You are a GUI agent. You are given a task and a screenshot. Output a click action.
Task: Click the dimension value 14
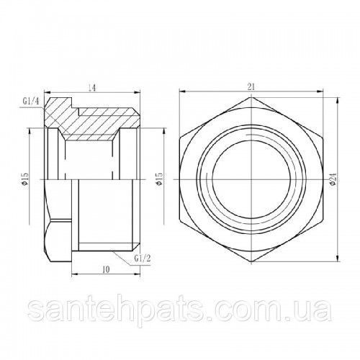pyautogui.click(x=92, y=88)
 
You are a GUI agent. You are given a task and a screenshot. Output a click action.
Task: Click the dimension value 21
pyautogui.click(x=251, y=87)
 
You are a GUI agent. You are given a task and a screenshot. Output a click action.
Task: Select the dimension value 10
pyautogui.click(x=106, y=269)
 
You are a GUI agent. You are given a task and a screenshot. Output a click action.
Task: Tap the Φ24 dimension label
pyautogui.click(x=334, y=179)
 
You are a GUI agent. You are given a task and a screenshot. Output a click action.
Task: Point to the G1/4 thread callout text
pyautogui.click(x=31, y=102)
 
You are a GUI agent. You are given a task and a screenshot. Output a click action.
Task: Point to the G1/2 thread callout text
pyautogui.click(x=143, y=258)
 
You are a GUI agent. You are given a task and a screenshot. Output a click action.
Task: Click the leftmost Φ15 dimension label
pyautogui.click(x=25, y=179)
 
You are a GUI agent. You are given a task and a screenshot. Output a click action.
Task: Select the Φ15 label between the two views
pyautogui.click(x=159, y=179)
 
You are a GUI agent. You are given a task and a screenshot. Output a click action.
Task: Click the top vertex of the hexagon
pyautogui.click(x=251, y=96)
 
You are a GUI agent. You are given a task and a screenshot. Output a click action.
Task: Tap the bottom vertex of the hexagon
pyautogui.click(x=251, y=262)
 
